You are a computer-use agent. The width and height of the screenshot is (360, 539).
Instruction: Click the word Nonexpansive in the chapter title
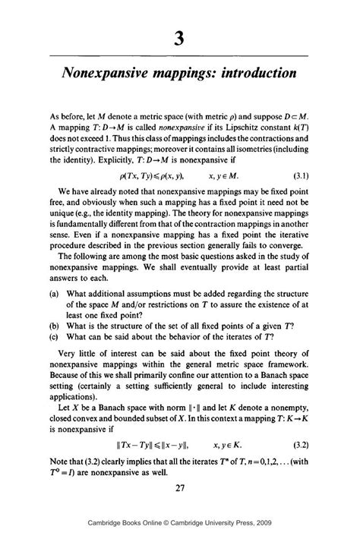coord(109,75)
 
